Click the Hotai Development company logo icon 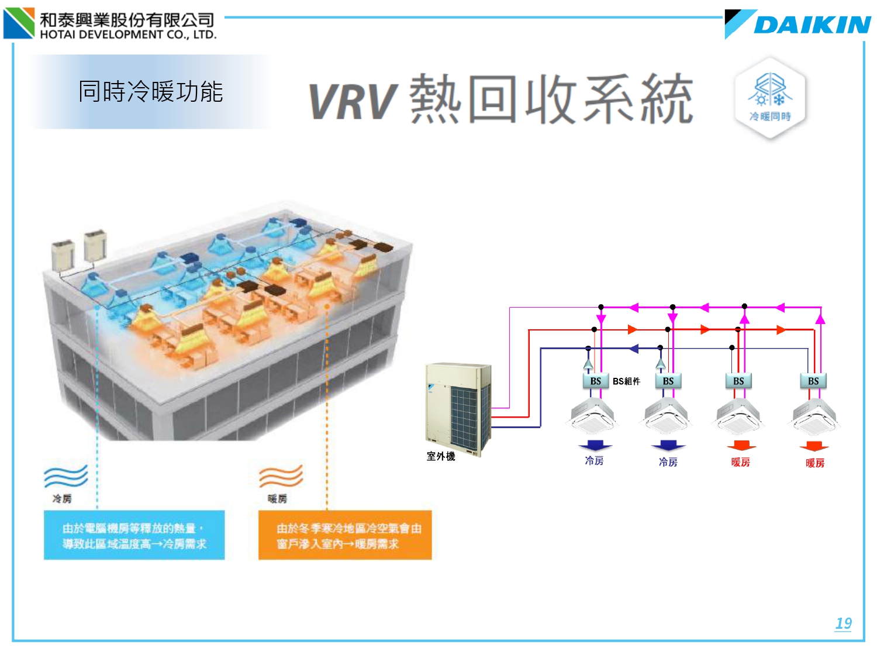click(x=19, y=23)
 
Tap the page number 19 click(x=843, y=623)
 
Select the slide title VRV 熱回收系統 click(x=500, y=99)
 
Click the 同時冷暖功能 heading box click(x=151, y=92)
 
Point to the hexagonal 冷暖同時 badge click(x=770, y=98)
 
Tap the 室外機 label click(x=440, y=456)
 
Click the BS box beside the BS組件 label click(x=595, y=381)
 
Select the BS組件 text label click(x=626, y=381)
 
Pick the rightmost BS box click(x=813, y=381)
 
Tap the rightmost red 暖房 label click(x=814, y=463)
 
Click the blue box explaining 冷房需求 click(x=134, y=536)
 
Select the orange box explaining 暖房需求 click(x=345, y=536)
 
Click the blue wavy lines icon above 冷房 click(x=65, y=477)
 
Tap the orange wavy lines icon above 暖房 click(x=281, y=477)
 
